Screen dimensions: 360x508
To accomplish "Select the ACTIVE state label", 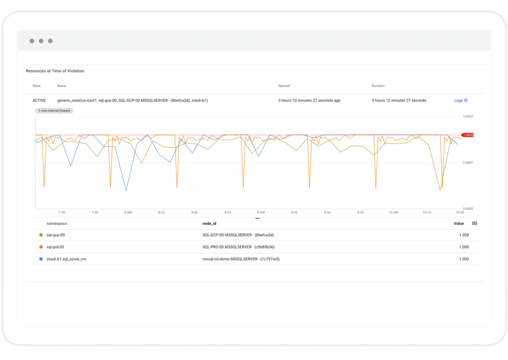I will click(39, 101).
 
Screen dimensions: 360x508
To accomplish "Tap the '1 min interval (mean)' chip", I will click(54, 111).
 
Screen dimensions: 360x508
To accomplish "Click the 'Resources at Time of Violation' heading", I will click(55, 71).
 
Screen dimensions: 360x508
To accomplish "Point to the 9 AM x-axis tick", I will click(260, 212).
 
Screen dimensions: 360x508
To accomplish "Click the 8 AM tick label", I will click(128, 212).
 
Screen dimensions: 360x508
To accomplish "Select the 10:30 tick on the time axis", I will click(459, 212).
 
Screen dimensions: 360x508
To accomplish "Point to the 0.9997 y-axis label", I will click(467, 163).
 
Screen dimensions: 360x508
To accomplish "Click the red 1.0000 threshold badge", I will click(468, 135).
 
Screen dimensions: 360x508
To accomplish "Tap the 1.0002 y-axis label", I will click(467, 117).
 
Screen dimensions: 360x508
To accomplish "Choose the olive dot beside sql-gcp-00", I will click(41, 235).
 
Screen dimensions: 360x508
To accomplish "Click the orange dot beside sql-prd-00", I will click(41, 247).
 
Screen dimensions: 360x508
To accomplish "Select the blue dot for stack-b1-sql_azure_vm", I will click(41, 259).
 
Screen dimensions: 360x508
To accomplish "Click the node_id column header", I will click(209, 224).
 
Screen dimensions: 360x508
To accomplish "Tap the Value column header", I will click(459, 224).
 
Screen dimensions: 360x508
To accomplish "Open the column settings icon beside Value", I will click(474, 224).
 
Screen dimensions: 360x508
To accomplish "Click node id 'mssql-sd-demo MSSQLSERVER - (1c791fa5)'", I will click(238, 259).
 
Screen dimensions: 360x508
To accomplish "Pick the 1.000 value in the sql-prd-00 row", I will click(464, 247).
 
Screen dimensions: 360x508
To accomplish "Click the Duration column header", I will click(378, 86).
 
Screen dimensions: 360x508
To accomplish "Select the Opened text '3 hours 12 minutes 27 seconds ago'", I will click(309, 101).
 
